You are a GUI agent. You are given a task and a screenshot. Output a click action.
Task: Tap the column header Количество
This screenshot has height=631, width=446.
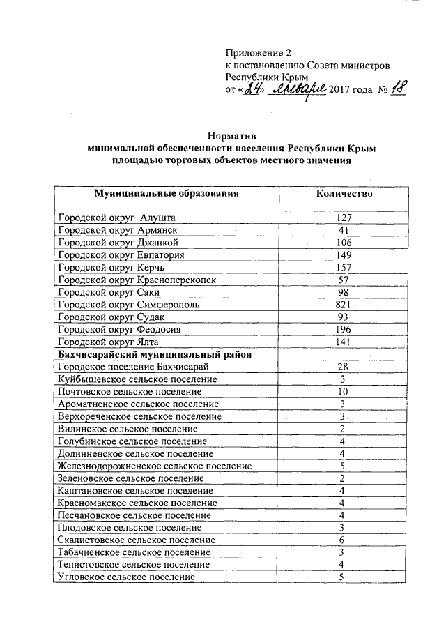pyautogui.click(x=343, y=193)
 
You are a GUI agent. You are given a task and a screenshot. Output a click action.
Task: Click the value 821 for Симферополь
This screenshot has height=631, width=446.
pyautogui.click(x=343, y=305)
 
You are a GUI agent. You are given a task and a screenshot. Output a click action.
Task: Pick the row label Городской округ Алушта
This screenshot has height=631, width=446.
pyautogui.click(x=116, y=218)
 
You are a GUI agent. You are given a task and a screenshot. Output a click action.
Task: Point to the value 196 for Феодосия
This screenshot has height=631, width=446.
pyautogui.click(x=343, y=330)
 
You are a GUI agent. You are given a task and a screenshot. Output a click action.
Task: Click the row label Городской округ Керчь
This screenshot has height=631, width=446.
pyautogui.click(x=111, y=268)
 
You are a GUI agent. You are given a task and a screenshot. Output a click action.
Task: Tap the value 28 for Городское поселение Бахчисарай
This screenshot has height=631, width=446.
pyautogui.click(x=343, y=367)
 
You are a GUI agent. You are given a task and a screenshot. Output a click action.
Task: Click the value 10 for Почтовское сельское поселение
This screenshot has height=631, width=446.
pyautogui.click(x=343, y=392)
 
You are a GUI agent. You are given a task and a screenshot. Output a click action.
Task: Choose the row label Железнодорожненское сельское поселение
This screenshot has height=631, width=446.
pyautogui.click(x=154, y=466)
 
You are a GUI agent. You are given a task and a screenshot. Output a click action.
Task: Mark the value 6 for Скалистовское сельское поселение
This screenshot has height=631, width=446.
pyautogui.click(x=343, y=540)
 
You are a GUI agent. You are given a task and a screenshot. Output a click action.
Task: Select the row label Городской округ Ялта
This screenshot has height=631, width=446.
pyautogui.click(x=108, y=342)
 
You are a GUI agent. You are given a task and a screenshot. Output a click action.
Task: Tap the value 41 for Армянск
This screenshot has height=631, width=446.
pyautogui.click(x=343, y=230)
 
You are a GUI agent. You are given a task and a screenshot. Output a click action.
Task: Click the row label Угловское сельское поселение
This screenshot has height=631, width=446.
pyautogui.click(x=127, y=577)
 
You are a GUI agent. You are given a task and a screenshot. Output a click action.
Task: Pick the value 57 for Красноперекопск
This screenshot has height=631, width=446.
pyautogui.click(x=343, y=280)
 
